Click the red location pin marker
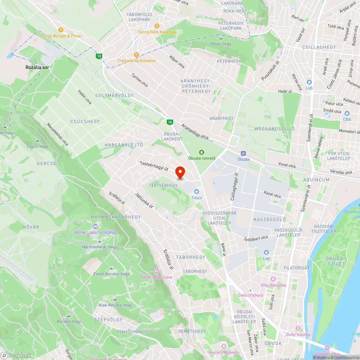click(x=180, y=173)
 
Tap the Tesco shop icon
click(x=197, y=192)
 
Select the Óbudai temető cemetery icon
click(x=201, y=152)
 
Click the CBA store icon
click(x=347, y=113)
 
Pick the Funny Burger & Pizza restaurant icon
click(x=61, y=30)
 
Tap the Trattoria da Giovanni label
click(x=136, y=60)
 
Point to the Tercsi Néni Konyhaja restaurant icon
click(x=157, y=26)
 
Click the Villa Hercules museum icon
click(x=273, y=279)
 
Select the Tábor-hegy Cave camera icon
click(x=156, y=271)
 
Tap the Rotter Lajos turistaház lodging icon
click(x=95, y=226)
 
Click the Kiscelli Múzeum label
click(x=224, y=352)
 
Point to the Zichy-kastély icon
click(x=298, y=329)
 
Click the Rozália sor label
click(x=37, y=67)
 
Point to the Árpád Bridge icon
click(x=327, y=348)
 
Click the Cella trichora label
click(x=251, y=295)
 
